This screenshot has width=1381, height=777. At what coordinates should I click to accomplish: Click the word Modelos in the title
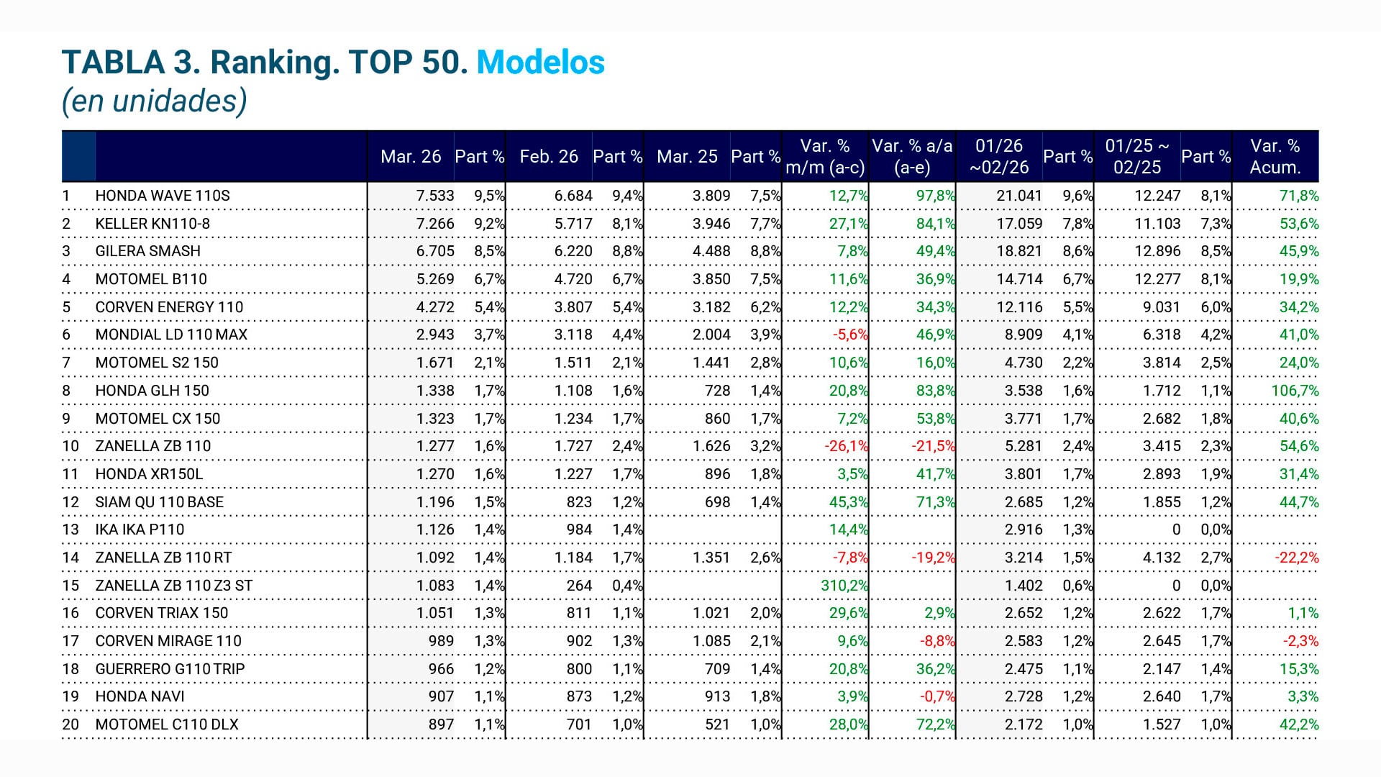tap(540, 63)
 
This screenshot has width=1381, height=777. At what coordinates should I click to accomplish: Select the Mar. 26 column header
tap(411, 157)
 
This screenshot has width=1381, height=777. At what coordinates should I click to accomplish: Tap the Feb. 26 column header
tap(549, 157)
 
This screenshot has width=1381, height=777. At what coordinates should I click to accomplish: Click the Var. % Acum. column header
tap(1275, 157)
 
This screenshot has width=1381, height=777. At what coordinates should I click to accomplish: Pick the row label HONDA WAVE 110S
tap(163, 196)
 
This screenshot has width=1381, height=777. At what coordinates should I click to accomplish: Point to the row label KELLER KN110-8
tap(152, 224)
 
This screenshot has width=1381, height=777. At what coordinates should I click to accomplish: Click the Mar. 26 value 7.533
tap(435, 196)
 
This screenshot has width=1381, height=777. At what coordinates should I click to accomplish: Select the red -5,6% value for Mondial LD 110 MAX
tap(850, 335)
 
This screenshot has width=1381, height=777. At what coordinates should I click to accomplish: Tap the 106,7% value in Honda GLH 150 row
tap(1295, 391)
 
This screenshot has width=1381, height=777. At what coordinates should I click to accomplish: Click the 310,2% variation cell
tap(844, 586)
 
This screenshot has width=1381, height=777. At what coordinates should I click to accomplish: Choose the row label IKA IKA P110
tap(140, 530)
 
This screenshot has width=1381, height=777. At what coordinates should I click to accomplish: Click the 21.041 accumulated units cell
tap(1019, 196)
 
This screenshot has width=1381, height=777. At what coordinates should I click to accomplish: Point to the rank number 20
tap(70, 724)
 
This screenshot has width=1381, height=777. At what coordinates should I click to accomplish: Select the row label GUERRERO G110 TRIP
tap(170, 669)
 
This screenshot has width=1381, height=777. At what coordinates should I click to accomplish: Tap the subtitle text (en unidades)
tap(155, 101)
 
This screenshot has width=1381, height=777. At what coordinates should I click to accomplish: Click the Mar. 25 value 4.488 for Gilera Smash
tap(711, 251)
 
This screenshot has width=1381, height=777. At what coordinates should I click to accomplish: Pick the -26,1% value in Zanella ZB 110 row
tap(847, 446)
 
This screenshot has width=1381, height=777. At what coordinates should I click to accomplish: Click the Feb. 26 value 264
tap(579, 586)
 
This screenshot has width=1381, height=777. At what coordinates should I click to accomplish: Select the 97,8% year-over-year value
tap(935, 196)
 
